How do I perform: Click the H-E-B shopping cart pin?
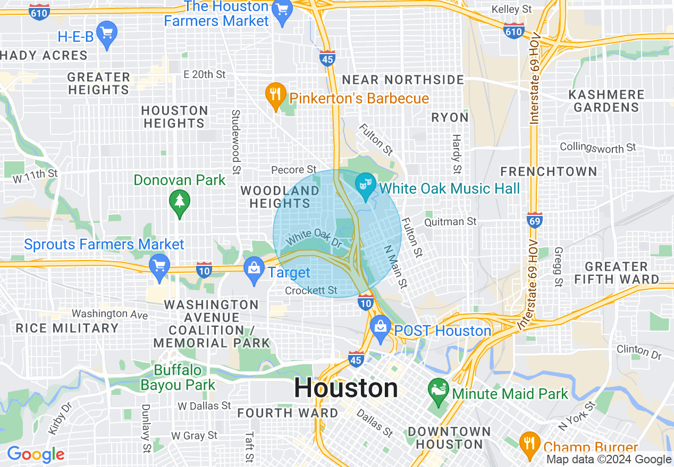pyautogui.click(x=107, y=33)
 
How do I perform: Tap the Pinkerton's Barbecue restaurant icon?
pyautogui.click(x=274, y=96)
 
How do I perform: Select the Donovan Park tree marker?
pyautogui.click(x=179, y=202)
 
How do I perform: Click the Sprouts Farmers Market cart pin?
pyautogui.click(x=159, y=265)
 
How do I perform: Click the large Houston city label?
pyautogui.click(x=346, y=388)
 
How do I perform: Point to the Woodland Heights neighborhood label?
pyautogui.click(x=280, y=197)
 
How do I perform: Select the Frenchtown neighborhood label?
pyautogui.click(x=549, y=171)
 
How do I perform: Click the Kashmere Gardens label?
pyautogui.click(x=606, y=101)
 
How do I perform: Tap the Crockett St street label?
pyautogui.click(x=311, y=290)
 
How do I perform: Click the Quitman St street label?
pyautogui.click(x=451, y=221)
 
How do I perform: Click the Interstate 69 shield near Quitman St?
pyautogui.click(x=534, y=219)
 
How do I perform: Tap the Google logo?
pyautogui.click(x=36, y=455)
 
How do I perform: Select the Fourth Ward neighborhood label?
pyautogui.click(x=288, y=413)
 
